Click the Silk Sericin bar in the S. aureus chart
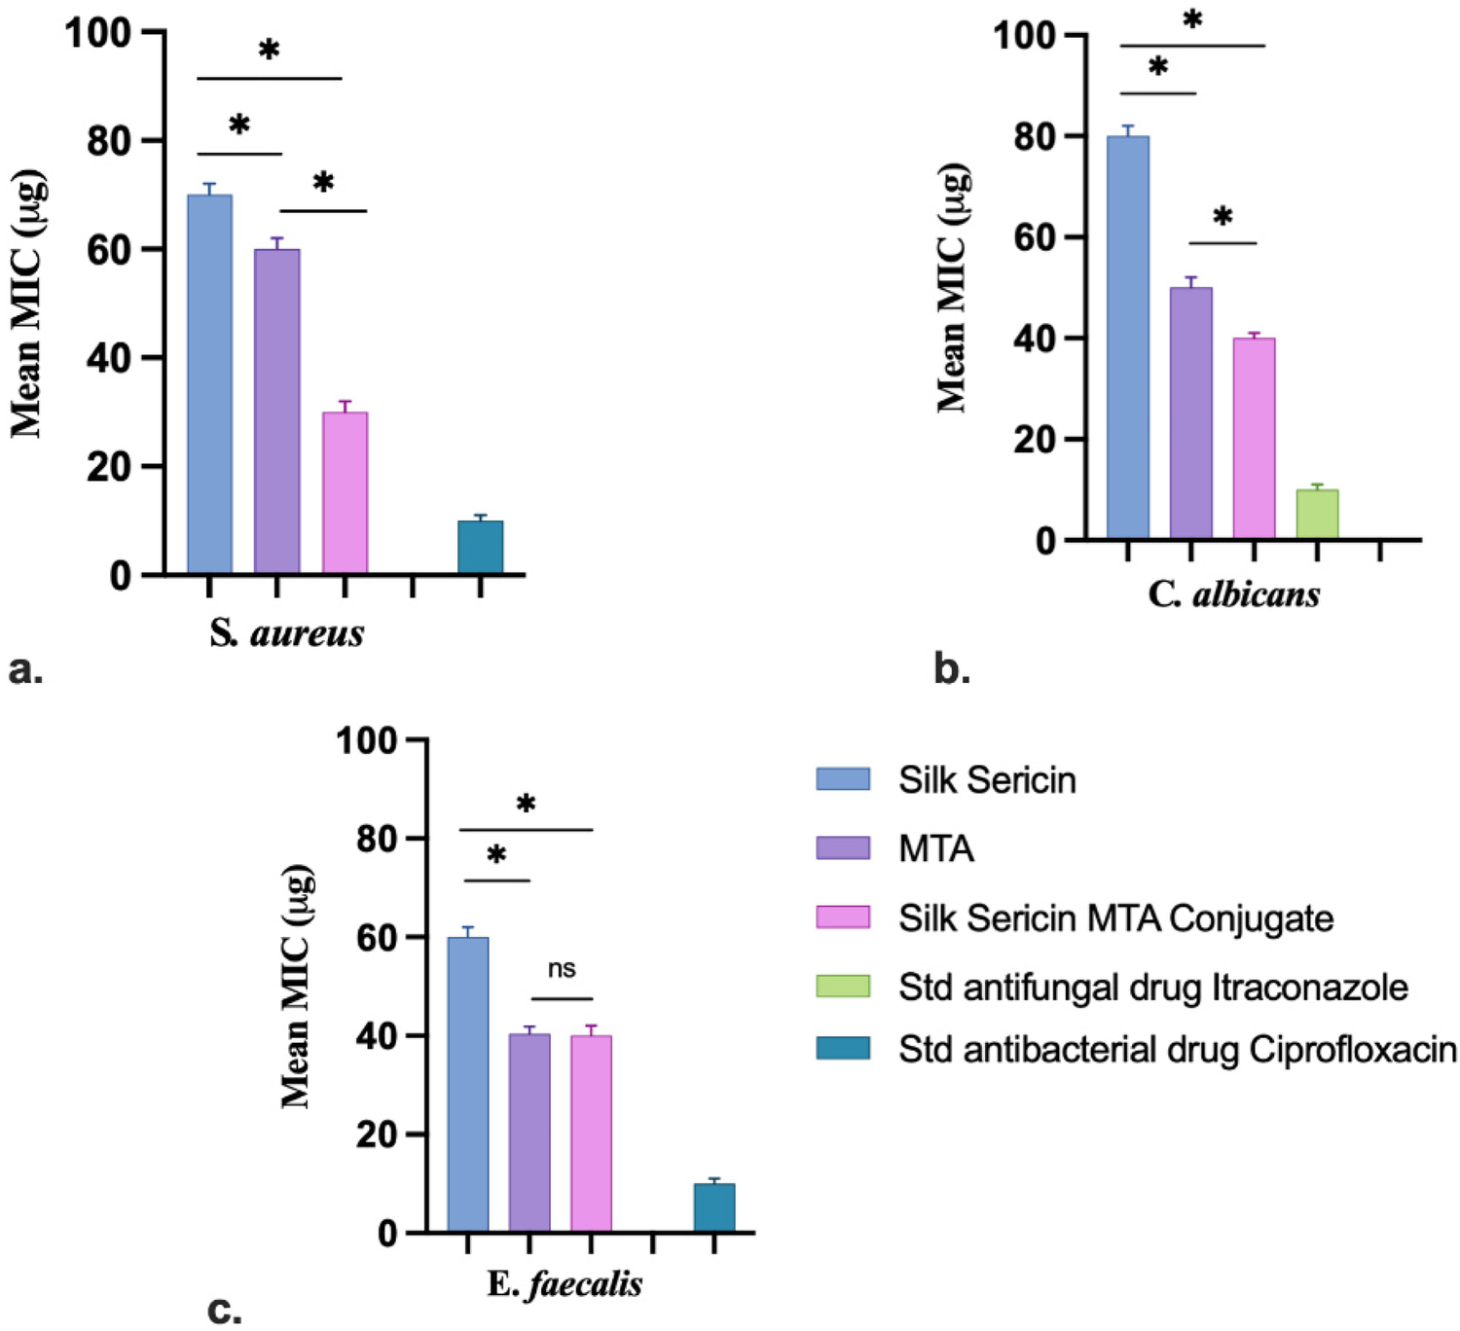(209, 384)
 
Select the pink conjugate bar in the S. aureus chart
(345, 492)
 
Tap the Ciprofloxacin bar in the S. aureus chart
(481, 547)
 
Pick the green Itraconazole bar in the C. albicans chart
(1317, 515)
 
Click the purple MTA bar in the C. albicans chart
(1190, 414)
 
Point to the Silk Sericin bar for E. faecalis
(468, 1085)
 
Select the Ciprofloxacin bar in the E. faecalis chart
(714, 1207)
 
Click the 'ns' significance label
(562, 969)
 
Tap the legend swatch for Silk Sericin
(843, 779)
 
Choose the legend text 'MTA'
(935, 848)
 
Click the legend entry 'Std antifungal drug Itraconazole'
(1152, 987)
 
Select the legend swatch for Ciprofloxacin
(843, 1048)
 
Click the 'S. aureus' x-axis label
(286, 633)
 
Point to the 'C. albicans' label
(1233, 594)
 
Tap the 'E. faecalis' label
(565, 1284)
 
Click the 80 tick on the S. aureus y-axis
(108, 141)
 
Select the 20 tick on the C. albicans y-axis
(1035, 440)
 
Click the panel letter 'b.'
(951, 668)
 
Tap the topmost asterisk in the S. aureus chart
(269, 50)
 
